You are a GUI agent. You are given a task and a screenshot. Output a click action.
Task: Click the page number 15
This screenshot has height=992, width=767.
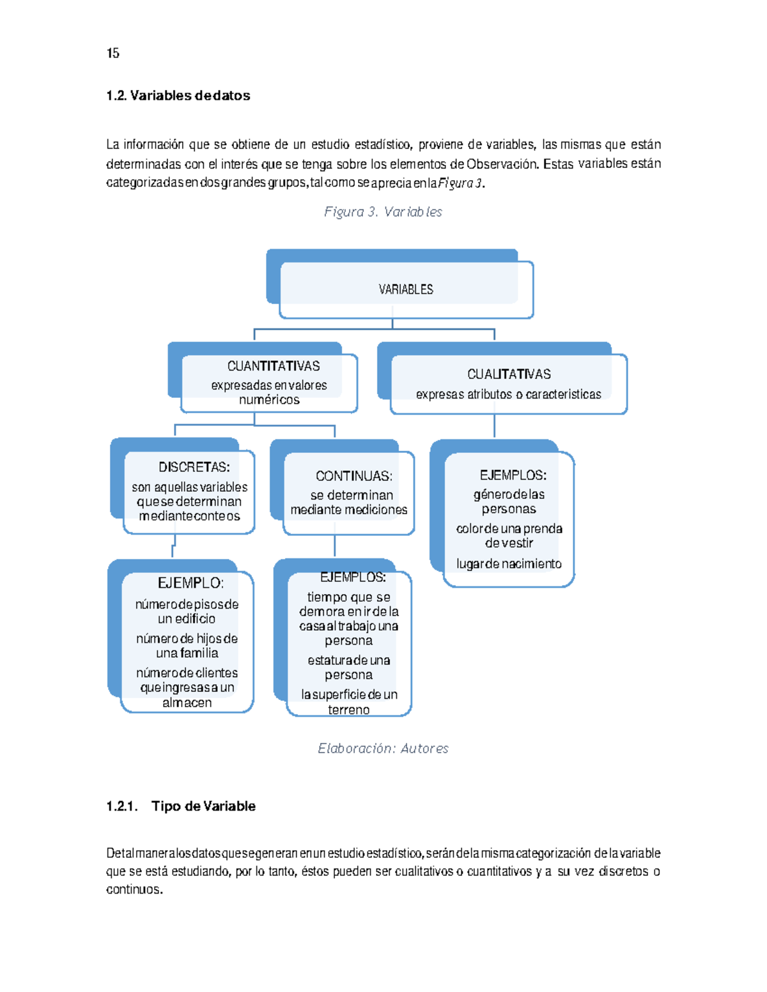113,53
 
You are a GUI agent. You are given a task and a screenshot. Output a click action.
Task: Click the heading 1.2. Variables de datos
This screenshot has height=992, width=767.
178,96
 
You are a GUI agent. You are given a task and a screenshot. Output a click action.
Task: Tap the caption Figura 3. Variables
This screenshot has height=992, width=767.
383,211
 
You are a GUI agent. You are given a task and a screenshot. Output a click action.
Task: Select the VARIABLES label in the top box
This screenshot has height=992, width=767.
406,289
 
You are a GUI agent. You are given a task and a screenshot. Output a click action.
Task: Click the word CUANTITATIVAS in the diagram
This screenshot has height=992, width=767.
274,366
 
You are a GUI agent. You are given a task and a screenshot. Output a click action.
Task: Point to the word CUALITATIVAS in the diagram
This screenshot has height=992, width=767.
509,374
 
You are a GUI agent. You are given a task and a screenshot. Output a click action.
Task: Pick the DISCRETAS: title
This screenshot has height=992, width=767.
194,467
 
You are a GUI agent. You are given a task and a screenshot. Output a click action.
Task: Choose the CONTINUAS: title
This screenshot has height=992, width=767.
353,476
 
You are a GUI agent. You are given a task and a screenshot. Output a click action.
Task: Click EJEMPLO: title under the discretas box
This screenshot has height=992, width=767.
190,583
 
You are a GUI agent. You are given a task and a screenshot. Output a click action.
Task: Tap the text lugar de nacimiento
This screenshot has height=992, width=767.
509,563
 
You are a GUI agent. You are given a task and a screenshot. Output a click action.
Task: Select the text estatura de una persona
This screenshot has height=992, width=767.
348,668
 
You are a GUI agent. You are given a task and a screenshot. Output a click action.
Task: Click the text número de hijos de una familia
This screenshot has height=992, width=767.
187,646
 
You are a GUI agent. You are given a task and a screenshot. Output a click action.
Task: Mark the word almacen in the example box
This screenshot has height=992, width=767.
187,703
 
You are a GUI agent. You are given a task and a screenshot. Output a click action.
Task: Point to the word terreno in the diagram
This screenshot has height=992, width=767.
348,710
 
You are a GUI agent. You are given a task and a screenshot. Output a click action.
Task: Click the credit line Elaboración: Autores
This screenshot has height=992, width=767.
383,748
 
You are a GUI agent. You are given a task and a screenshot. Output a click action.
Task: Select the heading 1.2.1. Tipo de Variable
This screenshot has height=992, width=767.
181,806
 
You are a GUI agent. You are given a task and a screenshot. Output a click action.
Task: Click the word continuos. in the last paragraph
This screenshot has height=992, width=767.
135,889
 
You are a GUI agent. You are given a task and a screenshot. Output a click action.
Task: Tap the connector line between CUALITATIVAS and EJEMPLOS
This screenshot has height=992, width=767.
494,426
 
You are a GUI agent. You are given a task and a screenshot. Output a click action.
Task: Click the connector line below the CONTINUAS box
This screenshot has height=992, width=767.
334,546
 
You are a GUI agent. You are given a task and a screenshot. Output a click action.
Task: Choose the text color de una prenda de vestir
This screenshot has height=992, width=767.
509,535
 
